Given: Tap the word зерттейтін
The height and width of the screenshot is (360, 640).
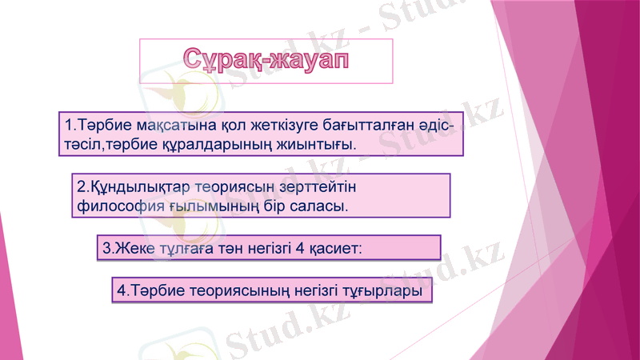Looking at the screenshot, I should coord(314,187).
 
